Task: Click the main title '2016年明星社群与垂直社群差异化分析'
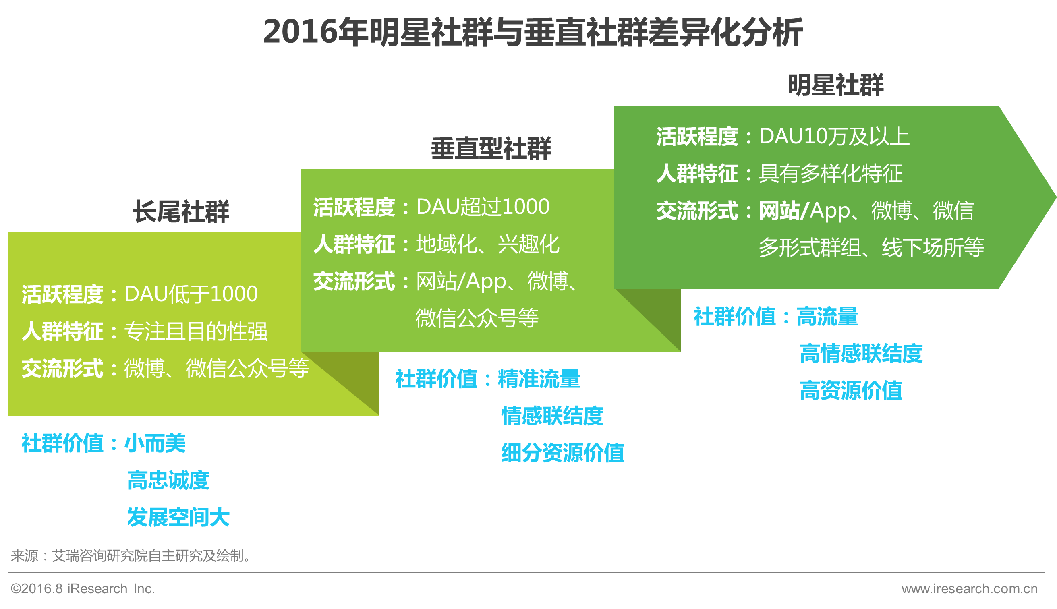pyautogui.click(x=533, y=32)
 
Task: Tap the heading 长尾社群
pyautogui.click(x=181, y=211)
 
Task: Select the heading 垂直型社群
pyautogui.click(x=491, y=149)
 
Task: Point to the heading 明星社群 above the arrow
pyautogui.click(x=835, y=85)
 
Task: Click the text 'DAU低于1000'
pyautogui.click(x=191, y=294)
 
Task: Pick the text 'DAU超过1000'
pyautogui.click(x=483, y=207)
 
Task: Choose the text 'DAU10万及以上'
pyautogui.click(x=834, y=137)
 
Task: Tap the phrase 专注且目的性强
pyautogui.click(x=196, y=331)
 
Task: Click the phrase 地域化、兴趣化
pyautogui.click(x=487, y=244)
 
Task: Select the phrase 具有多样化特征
pyautogui.click(x=831, y=173)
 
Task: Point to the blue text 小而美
pyautogui.click(x=155, y=443)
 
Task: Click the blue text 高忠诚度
pyautogui.click(x=168, y=480)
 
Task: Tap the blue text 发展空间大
pyautogui.click(x=178, y=517)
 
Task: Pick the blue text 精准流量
pyautogui.click(x=539, y=379)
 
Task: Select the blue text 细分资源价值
pyautogui.click(x=563, y=453)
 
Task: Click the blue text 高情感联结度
pyautogui.click(x=861, y=354)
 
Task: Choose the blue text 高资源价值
pyautogui.click(x=851, y=391)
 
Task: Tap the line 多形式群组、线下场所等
pyautogui.click(x=871, y=248)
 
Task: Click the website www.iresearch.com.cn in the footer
pyautogui.click(x=969, y=588)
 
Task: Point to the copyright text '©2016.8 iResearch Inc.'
pyautogui.click(x=83, y=588)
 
